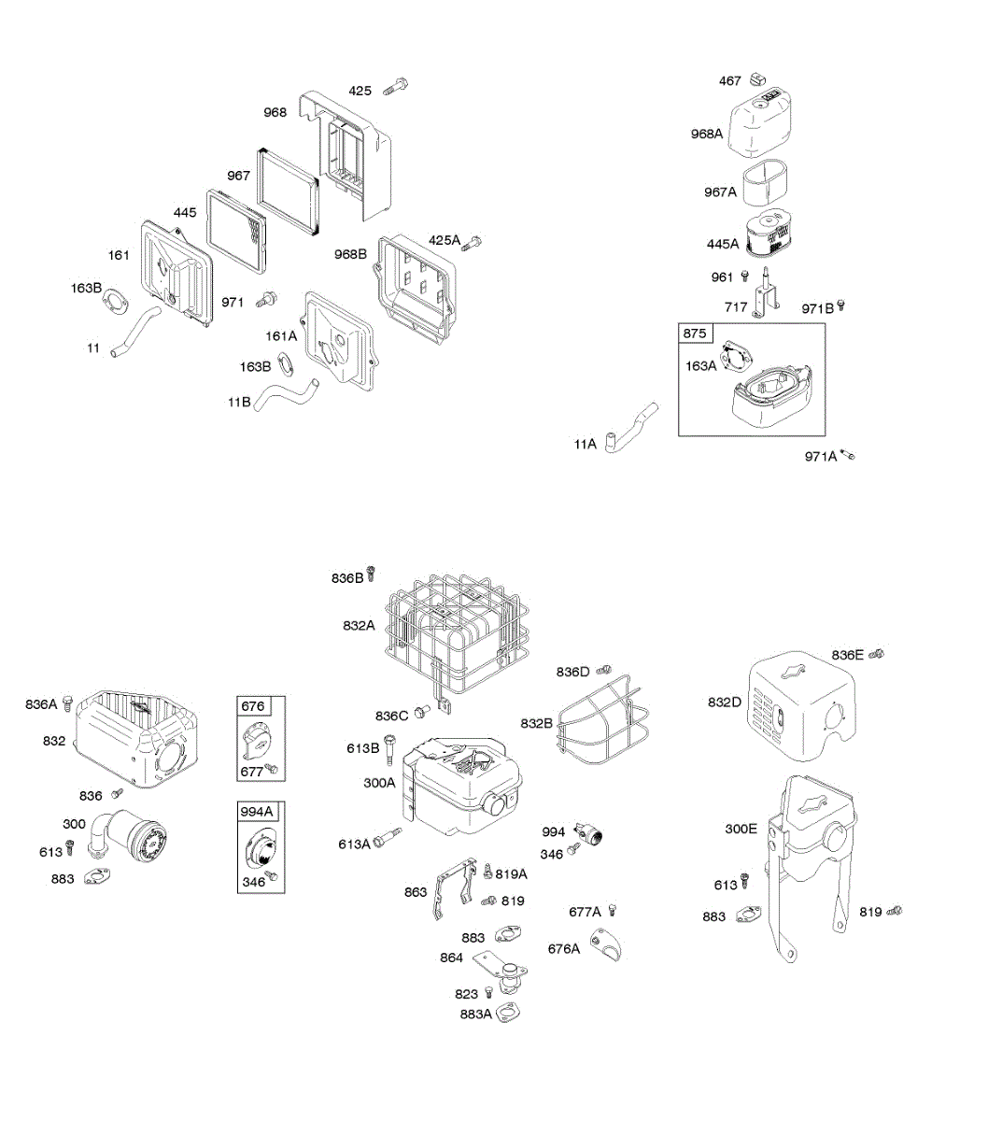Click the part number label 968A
[707, 134]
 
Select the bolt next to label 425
[399, 88]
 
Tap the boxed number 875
[695, 333]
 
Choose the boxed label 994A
[257, 811]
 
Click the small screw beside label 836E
[876, 654]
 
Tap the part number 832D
[724, 702]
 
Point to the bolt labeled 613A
[386, 838]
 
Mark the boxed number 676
[253, 706]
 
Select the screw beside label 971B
[841, 305]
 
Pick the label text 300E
[741, 828]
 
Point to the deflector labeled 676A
[605, 945]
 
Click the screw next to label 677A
[613, 910]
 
